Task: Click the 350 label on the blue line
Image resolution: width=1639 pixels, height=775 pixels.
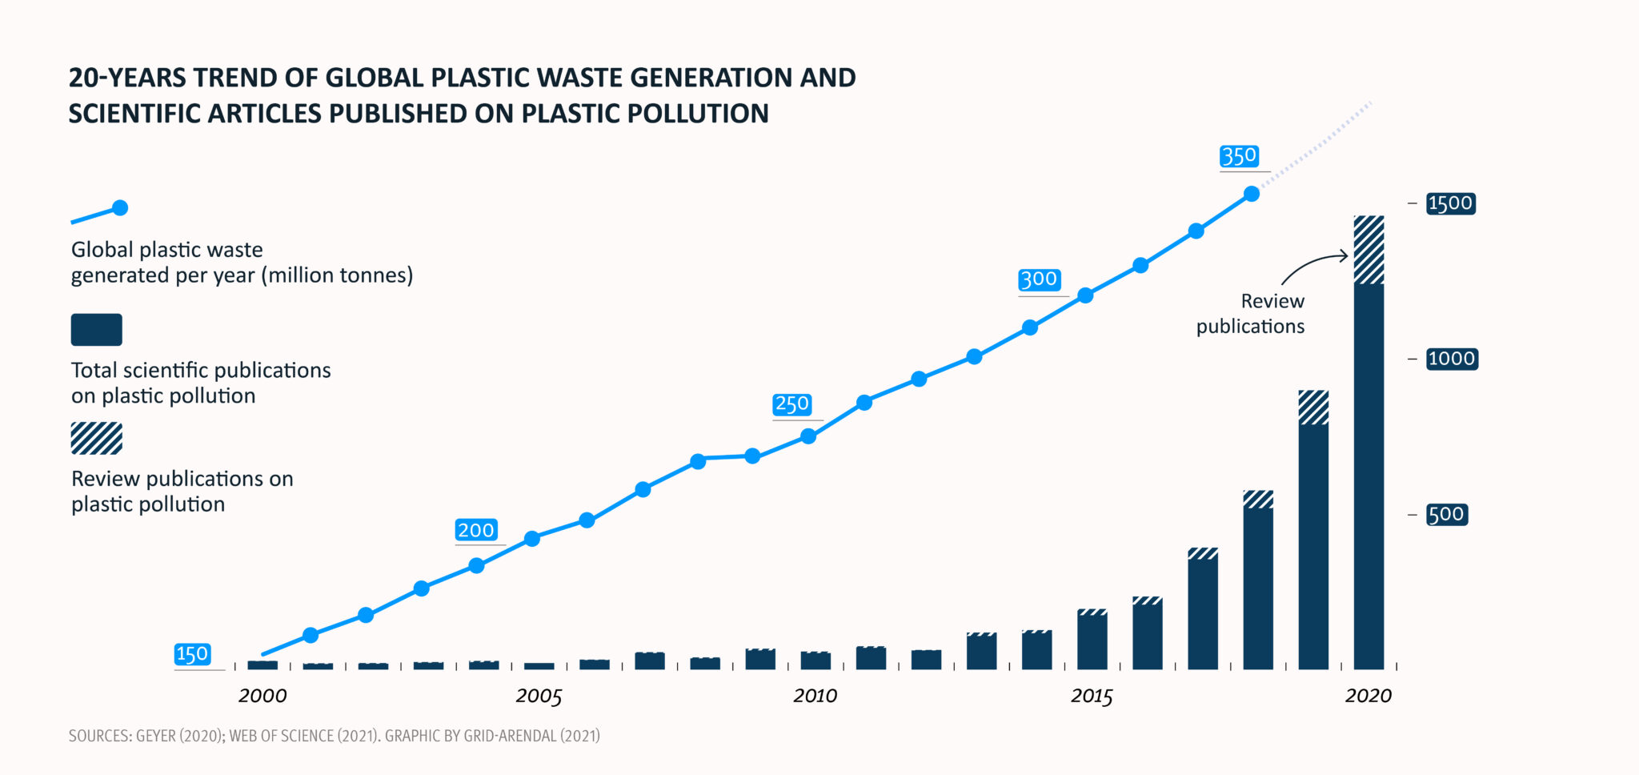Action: pyautogui.click(x=1239, y=156)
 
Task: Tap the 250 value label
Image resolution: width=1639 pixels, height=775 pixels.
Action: pyautogui.click(x=791, y=404)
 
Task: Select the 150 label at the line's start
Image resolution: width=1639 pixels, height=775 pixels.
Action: pyautogui.click(x=192, y=654)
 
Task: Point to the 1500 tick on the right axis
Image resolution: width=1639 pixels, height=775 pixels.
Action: pyautogui.click(x=1450, y=203)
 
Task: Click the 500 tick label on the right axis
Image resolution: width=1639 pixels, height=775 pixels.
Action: pyautogui.click(x=1446, y=514)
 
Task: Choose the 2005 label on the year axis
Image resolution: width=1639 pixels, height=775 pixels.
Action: pyautogui.click(x=539, y=696)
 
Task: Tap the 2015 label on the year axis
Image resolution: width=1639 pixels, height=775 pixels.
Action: pyautogui.click(x=1092, y=696)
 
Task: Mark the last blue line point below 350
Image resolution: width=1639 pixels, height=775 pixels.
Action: pyautogui.click(x=1252, y=194)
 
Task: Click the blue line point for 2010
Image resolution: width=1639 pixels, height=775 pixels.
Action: pyautogui.click(x=808, y=436)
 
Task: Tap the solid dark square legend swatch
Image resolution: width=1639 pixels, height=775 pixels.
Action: pyautogui.click(x=96, y=330)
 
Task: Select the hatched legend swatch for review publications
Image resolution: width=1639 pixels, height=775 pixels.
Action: pyautogui.click(x=96, y=438)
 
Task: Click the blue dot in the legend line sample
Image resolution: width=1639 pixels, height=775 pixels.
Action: pyautogui.click(x=120, y=208)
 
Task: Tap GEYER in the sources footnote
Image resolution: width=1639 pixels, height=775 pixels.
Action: pyautogui.click(x=155, y=736)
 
